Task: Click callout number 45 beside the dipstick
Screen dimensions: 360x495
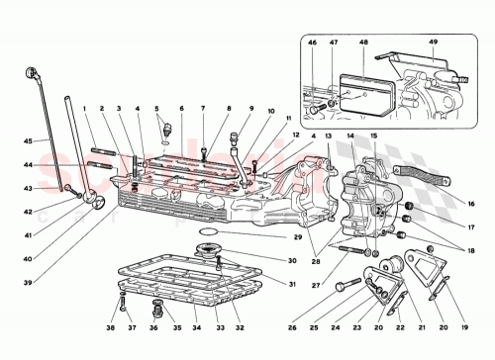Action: [x=28, y=139]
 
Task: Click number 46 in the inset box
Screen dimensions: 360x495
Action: [x=313, y=42]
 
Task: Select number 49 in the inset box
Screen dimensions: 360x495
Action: [x=433, y=42]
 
